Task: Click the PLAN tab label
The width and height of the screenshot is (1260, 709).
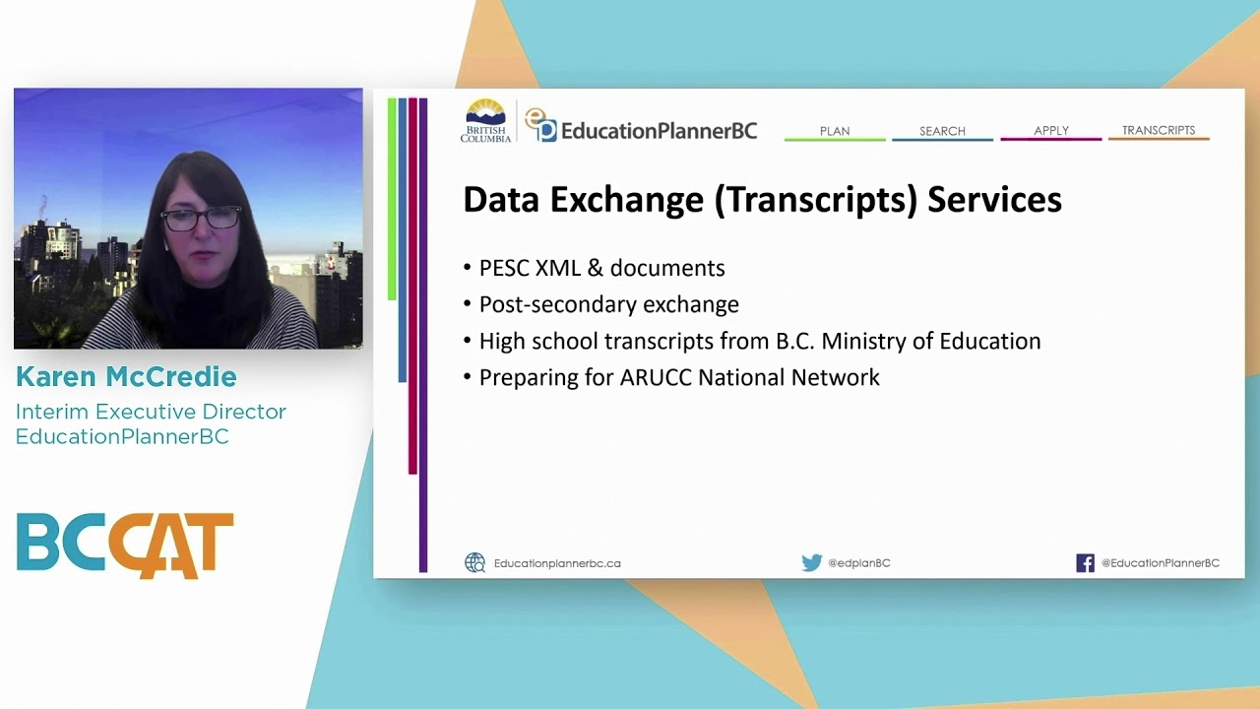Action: point(835,131)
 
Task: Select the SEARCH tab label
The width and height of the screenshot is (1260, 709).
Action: point(942,131)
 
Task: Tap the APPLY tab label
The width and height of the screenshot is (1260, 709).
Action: point(1051,131)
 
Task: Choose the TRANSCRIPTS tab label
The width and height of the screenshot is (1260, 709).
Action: point(1159,130)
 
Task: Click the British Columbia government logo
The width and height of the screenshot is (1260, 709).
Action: point(485,121)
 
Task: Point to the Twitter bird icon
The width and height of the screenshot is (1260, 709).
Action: point(811,563)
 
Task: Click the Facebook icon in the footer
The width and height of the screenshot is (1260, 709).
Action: point(1085,563)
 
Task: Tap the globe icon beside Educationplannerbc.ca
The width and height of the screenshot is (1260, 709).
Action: point(475,563)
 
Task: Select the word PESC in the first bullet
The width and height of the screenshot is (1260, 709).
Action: point(504,268)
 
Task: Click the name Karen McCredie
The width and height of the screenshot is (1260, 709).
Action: point(126,377)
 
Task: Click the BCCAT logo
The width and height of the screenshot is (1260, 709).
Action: point(125,545)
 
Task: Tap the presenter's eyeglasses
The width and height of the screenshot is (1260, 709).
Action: point(201,219)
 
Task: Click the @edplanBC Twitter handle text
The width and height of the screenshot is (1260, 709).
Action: point(858,563)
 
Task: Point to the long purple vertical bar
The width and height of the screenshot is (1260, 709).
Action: point(423,335)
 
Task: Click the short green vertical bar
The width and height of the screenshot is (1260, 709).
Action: point(392,197)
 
